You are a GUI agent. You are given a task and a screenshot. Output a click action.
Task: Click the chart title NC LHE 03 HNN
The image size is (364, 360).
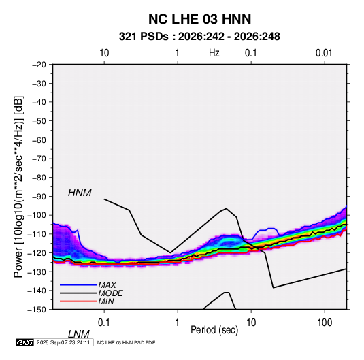point(199,19)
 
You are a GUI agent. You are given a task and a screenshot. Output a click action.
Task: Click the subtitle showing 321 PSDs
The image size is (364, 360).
point(199,37)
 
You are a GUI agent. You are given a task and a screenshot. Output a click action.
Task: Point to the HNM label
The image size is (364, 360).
point(80,193)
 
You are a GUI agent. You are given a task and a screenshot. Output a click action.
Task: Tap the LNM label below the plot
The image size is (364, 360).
point(78,334)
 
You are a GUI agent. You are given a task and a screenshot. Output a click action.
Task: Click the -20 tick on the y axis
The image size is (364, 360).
point(39,65)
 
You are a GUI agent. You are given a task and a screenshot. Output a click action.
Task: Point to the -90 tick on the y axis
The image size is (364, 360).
point(39,196)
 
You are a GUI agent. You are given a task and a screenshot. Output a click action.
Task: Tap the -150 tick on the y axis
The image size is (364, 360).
point(37,310)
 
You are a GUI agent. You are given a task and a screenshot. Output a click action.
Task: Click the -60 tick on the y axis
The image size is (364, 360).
point(39,140)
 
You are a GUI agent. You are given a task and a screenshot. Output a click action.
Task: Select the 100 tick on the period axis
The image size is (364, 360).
point(325,323)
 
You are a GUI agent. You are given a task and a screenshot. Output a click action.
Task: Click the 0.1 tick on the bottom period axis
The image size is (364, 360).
point(104,323)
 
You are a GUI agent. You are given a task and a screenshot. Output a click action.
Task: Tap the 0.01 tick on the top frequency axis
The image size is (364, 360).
point(324,53)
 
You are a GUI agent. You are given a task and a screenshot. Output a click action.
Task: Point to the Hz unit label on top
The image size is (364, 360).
point(214,53)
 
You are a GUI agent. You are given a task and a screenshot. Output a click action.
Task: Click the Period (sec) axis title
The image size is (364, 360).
point(214,330)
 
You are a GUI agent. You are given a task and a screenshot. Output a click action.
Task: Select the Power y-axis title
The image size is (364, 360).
point(18,186)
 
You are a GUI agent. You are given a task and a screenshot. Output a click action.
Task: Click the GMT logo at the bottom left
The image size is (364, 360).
point(25,342)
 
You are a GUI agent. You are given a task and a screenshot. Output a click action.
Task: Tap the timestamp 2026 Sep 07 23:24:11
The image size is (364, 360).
point(63,342)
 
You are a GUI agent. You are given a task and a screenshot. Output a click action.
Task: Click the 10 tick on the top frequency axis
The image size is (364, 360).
point(104,53)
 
